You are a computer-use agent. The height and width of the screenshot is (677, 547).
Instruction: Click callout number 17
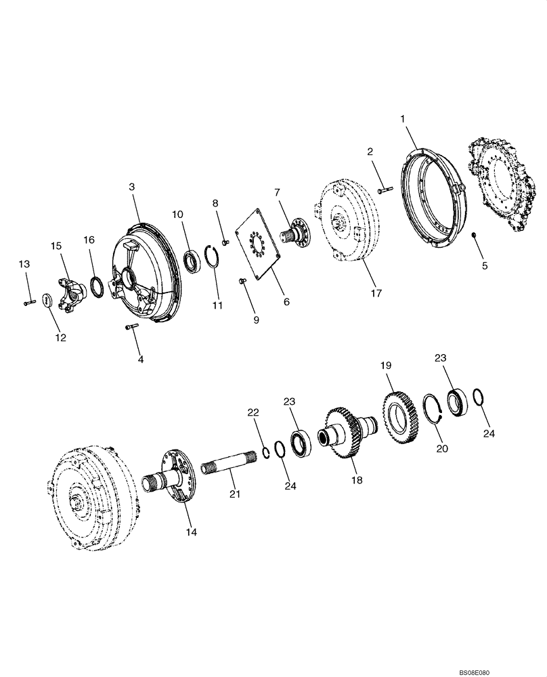(x=376, y=293)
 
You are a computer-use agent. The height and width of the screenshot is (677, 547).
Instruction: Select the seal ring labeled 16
(x=96, y=286)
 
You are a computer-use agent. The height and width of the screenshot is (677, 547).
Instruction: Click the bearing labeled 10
(x=193, y=259)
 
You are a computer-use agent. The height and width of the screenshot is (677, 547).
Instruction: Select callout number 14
(x=192, y=532)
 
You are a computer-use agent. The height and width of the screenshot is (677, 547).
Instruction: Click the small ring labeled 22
(x=266, y=452)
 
